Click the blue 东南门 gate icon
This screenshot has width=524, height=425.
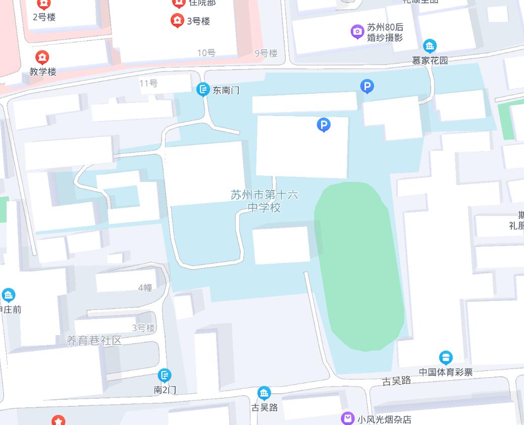(203, 90)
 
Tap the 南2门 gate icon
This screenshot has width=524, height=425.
(165, 375)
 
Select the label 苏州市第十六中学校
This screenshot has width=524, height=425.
(264, 201)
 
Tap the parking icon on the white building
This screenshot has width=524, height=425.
(324, 125)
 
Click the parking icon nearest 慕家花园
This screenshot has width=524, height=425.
(368, 87)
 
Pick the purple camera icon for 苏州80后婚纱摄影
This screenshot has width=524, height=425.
(357, 32)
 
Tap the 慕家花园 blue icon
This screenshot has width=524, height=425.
(430, 46)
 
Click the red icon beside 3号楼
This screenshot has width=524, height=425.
(177, 21)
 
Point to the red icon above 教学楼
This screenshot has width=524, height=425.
(43, 57)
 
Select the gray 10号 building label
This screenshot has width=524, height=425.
(206, 53)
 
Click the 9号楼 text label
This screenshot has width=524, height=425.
(266, 53)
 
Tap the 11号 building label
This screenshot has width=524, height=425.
(148, 83)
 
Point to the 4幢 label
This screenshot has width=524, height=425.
(145, 287)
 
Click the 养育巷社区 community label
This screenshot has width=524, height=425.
(94, 340)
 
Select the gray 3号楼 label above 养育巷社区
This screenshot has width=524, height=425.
(143, 328)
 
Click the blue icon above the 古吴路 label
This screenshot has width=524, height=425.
(264, 393)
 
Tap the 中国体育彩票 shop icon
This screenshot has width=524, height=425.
(446, 358)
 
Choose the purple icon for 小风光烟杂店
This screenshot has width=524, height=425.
(348, 418)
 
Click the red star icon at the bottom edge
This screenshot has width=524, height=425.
(59, 420)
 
